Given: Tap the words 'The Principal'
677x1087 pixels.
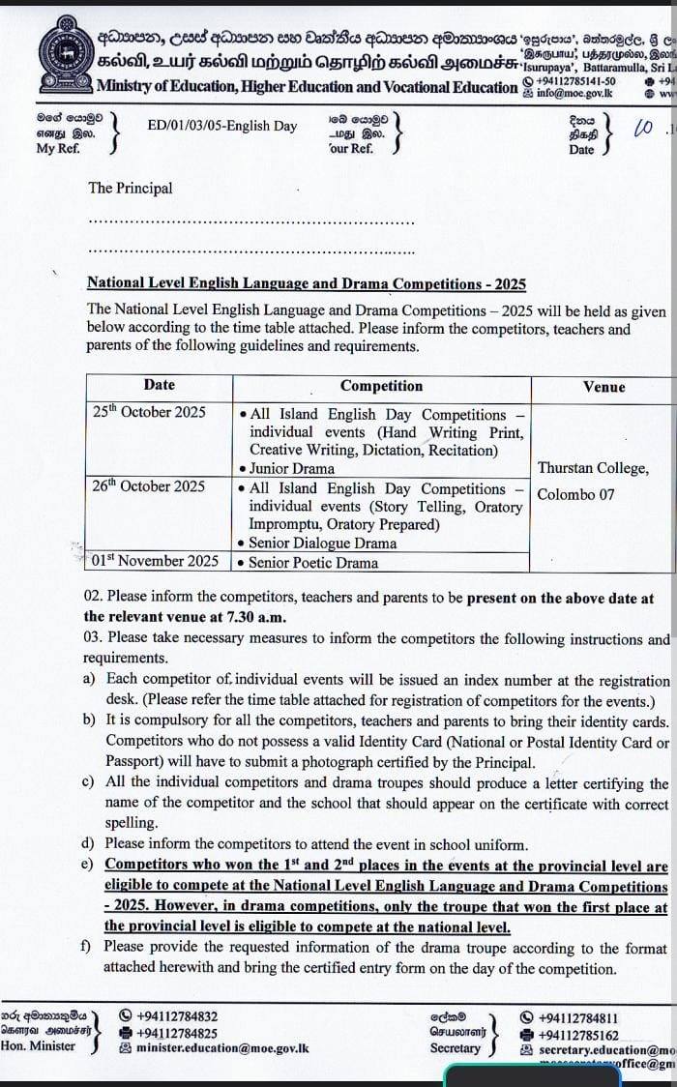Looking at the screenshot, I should coord(130,188).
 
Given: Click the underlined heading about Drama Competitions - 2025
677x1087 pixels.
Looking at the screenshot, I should coord(307,283).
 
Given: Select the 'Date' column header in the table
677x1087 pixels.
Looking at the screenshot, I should coord(160,385).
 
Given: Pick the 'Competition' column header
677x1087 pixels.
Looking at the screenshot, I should coord(382,386).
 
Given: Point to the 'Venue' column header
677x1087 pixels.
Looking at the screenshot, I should coord(604,387).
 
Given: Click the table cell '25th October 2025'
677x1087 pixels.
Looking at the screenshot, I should coord(149,412).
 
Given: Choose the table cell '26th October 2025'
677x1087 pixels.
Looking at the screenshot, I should coord(149,486).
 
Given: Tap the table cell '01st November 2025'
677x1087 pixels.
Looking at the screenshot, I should coord(156,561).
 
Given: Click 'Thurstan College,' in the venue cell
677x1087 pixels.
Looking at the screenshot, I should coord(593,468).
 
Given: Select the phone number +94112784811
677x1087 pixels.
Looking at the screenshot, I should coord(578,1017).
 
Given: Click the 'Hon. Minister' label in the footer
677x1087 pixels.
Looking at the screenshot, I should coord(38,1045).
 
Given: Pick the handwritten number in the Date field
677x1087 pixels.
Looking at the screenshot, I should coord(642,128).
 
